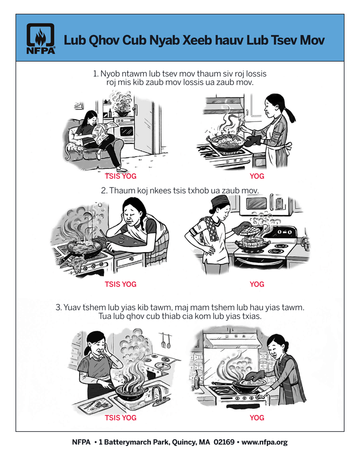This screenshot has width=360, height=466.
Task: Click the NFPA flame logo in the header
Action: tap(41, 39)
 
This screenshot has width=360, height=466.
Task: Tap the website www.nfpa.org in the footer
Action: tap(264, 442)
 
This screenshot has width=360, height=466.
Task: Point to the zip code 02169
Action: tap(224, 442)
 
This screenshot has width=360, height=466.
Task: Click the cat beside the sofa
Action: tap(72, 149)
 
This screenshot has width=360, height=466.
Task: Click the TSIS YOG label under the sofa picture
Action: tap(121, 176)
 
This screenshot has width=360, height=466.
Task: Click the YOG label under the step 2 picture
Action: tap(257, 284)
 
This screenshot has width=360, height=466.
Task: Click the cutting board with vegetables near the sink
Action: tap(94, 405)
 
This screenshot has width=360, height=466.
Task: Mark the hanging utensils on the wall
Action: tap(166, 341)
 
